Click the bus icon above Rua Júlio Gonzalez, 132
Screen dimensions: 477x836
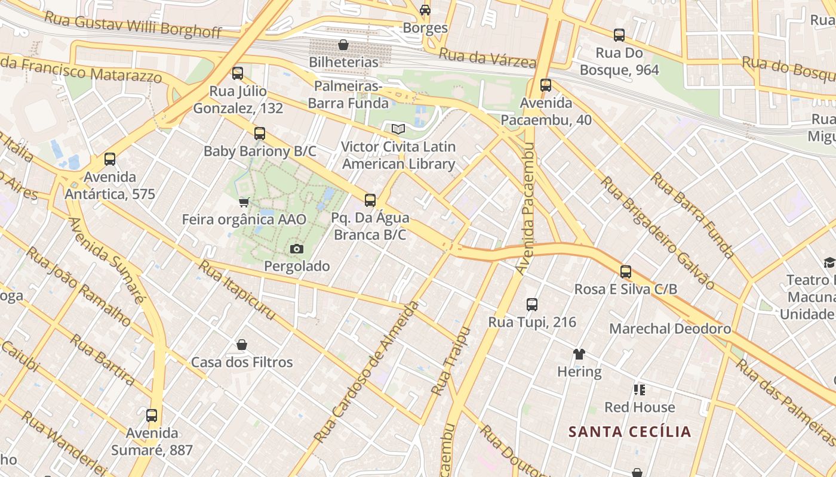pos(238,73)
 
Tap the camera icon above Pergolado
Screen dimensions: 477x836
pos(297,249)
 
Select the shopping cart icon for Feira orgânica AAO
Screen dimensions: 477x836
pos(244,203)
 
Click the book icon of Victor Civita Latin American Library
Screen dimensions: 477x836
pos(398,129)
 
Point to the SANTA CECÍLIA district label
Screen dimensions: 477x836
pos(629,432)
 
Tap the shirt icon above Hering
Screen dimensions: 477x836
pos(579,354)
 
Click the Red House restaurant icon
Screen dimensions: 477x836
pos(640,390)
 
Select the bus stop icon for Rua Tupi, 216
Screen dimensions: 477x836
pos(532,305)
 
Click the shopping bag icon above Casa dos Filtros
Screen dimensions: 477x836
pos(242,345)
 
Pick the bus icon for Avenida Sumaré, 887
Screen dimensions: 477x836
pos(152,415)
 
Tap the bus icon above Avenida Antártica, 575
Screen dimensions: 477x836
pos(110,159)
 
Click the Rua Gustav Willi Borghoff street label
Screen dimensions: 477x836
pos(133,25)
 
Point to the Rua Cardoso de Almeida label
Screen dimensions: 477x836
pos(367,373)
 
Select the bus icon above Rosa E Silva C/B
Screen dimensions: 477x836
pos(626,272)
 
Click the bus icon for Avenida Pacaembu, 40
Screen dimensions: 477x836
pos(546,85)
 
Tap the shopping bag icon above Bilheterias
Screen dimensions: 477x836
pos(343,45)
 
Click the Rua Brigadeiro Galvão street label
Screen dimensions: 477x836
pos(657,233)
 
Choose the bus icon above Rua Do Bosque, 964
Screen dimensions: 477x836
pos(619,35)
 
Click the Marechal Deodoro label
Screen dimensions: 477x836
pos(670,329)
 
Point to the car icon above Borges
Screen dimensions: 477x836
pos(425,10)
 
